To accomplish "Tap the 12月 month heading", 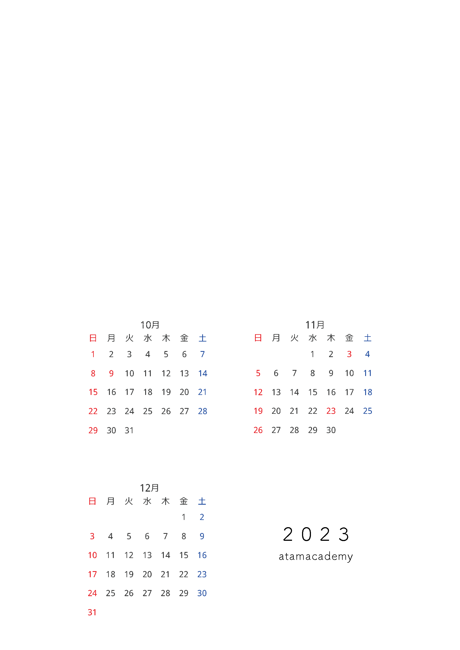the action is click(149, 488).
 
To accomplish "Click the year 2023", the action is click(316, 534).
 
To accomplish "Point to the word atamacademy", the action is click(316, 557).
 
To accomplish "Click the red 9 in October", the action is click(111, 373).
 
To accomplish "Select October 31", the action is click(129, 430).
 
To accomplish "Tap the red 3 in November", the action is click(349, 354).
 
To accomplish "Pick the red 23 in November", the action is click(331, 411).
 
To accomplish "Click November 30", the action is click(331, 430).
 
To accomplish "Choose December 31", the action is click(92, 612).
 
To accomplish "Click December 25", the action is click(110, 593).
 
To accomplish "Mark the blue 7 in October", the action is click(202, 354).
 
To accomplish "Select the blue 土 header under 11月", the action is click(367, 338).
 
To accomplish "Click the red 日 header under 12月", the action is click(92, 501).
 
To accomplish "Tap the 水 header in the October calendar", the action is click(148, 338).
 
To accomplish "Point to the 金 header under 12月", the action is click(184, 501).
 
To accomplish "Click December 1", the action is click(184, 517).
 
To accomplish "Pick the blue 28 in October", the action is click(202, 411).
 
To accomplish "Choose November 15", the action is click(313, 392).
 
